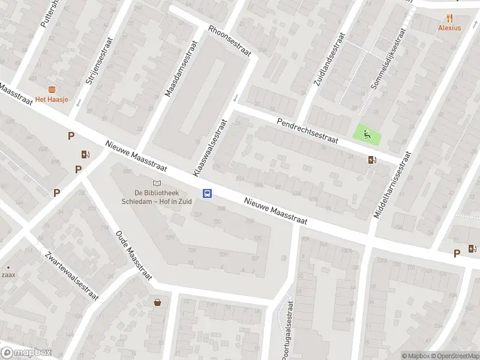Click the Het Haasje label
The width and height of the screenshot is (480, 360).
[x=51, y=99]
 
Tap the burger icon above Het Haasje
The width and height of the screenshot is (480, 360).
[x=52, y=89]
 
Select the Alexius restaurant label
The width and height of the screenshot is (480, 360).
[x=449, y=28]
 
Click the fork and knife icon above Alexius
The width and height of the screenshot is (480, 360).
[x=449, y=18]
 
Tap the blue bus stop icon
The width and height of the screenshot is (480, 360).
[x=208, y=193]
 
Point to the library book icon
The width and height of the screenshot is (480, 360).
[x=157, y=183]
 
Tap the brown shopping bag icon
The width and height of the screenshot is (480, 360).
[x=157, y=302]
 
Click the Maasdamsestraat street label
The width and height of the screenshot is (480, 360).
[x=182, y=70]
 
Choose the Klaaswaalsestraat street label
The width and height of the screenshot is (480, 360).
[x=210, y=147]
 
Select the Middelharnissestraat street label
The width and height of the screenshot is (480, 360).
[x=392, y=184]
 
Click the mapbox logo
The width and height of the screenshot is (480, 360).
[x=26, y=353]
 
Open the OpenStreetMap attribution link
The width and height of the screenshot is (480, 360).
[x=454, y=356]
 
